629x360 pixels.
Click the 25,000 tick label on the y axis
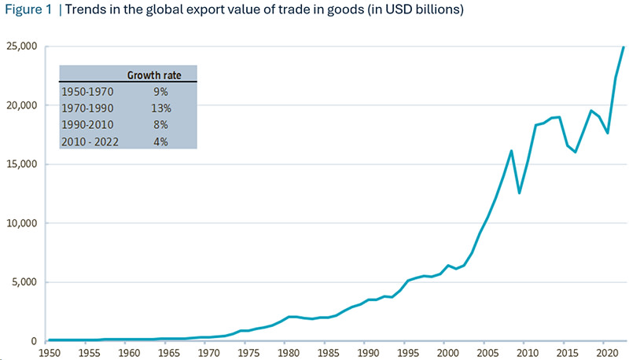click(22, 46)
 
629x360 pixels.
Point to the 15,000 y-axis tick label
click(22, 164)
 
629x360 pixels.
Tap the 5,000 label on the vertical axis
click(24, 282)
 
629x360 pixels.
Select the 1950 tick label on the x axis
click(50, 353)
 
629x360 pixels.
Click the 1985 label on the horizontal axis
click(328, 353)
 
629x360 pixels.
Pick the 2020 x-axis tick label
click(607, 353)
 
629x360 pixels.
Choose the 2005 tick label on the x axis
click(487, 353)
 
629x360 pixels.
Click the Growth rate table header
click(154, 75)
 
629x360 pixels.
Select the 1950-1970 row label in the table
click(87, 92)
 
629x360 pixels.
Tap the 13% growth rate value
click(161, 108)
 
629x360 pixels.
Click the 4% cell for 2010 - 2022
click(160, 142)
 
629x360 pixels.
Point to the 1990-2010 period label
click(87, 125)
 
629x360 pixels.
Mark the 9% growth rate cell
click(160, 92)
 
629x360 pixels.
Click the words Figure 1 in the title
click(28, 9)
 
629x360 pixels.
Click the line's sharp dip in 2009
click(519, 193)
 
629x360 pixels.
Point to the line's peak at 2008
click(512, 151)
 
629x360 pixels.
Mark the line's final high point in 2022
click(623, 47)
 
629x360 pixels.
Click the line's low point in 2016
click(576, 152)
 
